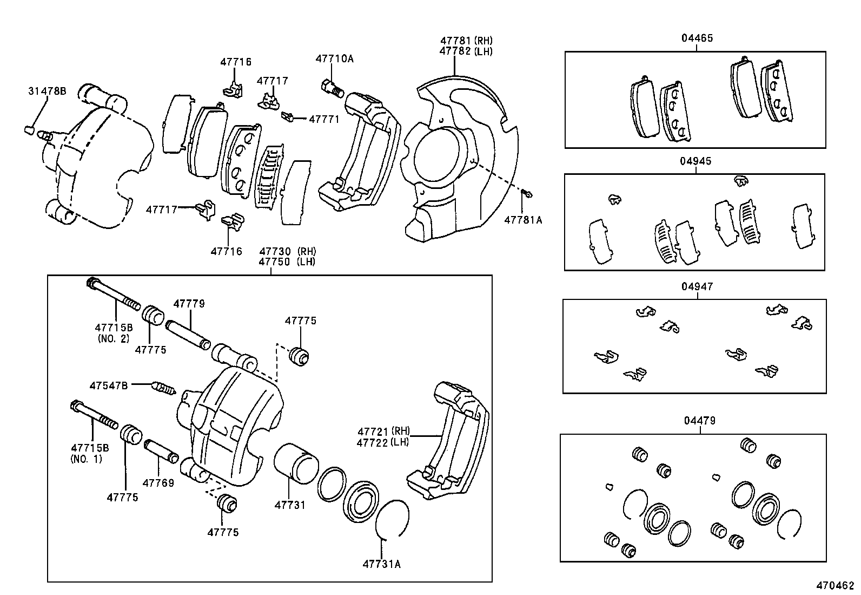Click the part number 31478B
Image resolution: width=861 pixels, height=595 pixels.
[x=47, y=91]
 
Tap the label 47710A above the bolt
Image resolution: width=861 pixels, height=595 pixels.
[x=334, y=58]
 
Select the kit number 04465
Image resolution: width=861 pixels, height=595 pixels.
[x=697, y=38]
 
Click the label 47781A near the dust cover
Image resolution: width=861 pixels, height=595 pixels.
[x=522, y=220]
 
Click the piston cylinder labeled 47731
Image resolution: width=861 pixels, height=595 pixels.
[x=295, y=463]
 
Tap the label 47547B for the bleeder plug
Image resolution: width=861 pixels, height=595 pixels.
[x=109, y=385]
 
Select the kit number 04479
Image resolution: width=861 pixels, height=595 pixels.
[x=699, y=420]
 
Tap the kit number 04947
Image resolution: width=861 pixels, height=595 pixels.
[x=697, y=286]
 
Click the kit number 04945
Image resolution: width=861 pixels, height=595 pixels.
[x=696, y=161]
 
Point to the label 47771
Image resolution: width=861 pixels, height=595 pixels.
[x=324, y=119]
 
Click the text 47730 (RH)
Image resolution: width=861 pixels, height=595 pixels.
[x=287, y=251]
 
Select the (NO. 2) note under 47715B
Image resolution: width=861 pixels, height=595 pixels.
[x=114, y=338]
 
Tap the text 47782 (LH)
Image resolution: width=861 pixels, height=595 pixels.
[x=466, y=51]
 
